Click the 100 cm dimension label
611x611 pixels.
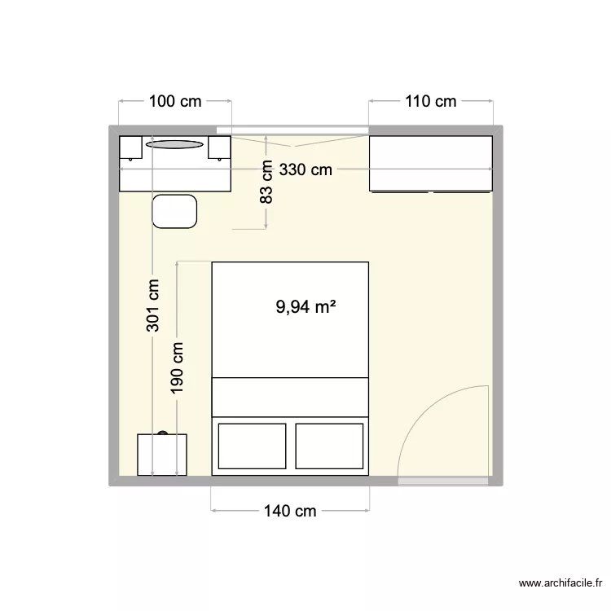coord(175,102)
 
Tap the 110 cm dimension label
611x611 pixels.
coord(431,102)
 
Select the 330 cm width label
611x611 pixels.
coord(306,170)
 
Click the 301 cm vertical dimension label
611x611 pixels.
coord(153,306)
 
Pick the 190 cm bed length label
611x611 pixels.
coord(178,367)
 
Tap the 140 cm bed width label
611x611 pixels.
coord(290,512)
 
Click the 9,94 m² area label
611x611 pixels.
coord(306,307)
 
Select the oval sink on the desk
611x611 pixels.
coord(174,145)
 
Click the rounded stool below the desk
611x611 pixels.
coord(175,212)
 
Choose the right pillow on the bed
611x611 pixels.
coord(329,446)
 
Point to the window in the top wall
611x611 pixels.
coord(292,130)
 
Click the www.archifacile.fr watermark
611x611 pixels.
coord(561,583)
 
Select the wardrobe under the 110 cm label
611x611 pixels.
coord(431,164)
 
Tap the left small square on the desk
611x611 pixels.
coord(131,147)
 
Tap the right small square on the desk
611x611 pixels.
coord(219,147)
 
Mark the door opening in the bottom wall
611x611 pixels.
coord(444,481)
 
